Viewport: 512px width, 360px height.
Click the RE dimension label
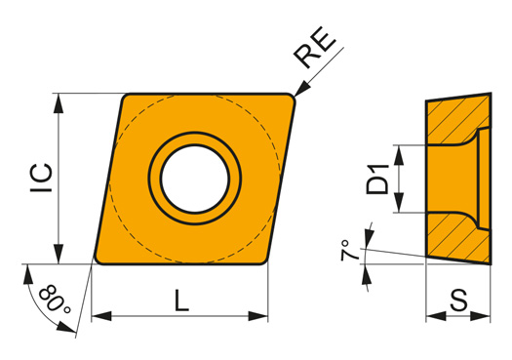(314, 48)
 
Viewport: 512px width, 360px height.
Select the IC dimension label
(42, 178)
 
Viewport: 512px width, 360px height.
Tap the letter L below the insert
(181, 300)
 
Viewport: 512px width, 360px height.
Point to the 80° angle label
(55, 299)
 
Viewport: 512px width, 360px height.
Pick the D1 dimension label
(377, 180)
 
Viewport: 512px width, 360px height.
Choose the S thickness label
(458, 300)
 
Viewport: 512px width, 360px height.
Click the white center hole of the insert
(195, 179)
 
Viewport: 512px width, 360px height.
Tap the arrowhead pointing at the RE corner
(301, 88)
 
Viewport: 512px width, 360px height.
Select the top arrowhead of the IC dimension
(59, 103)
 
